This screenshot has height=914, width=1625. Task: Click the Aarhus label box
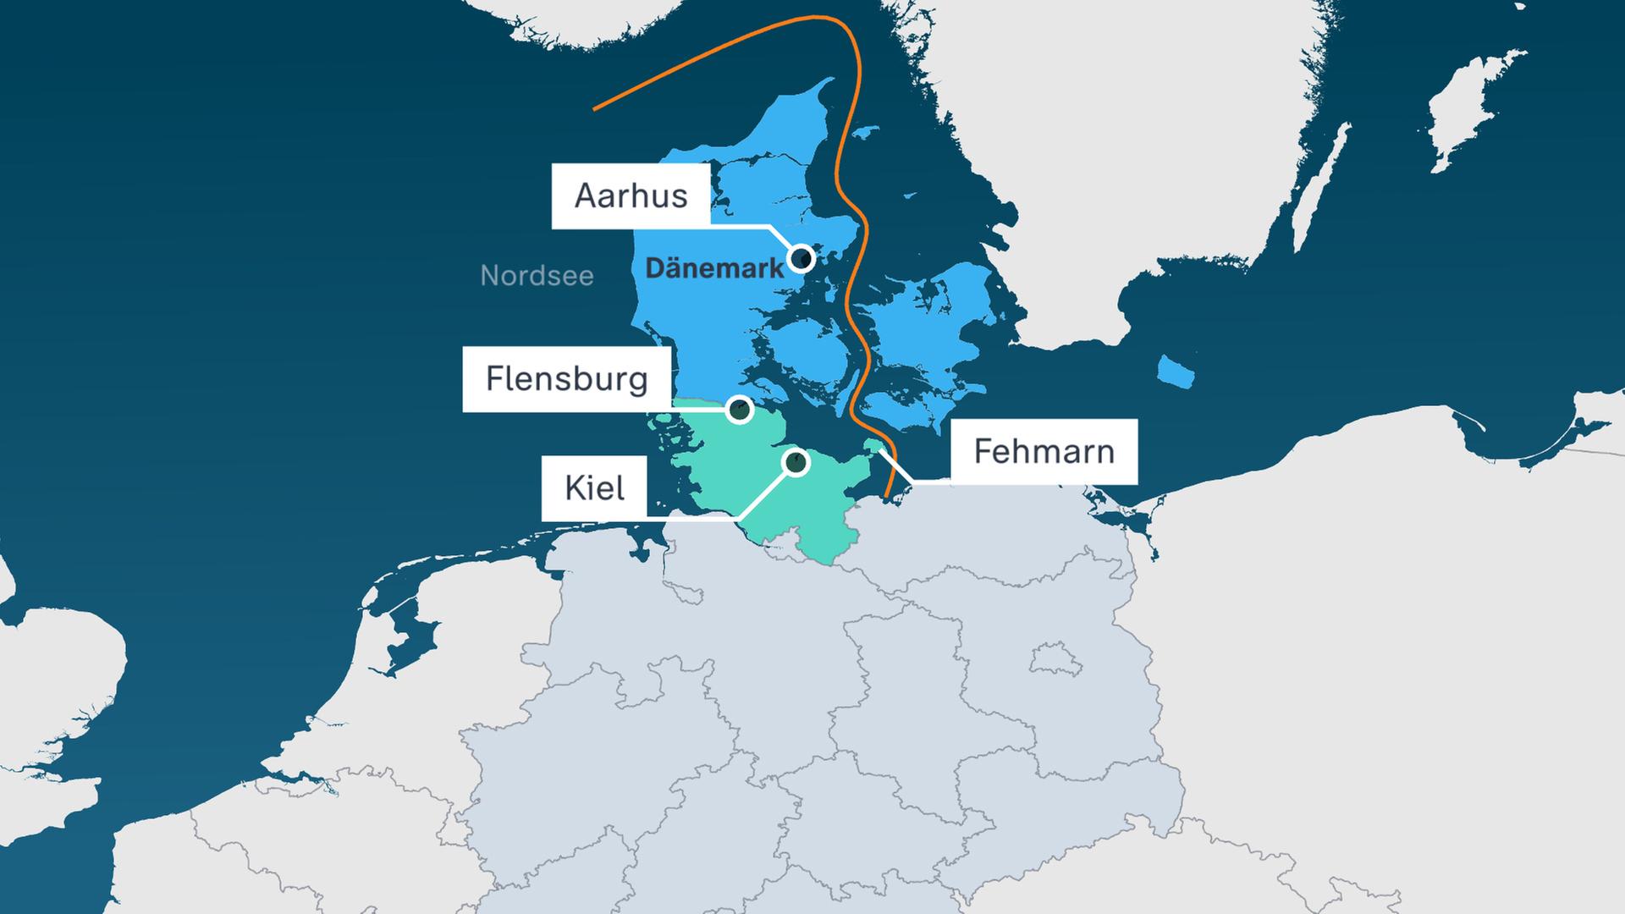tap(631, 196)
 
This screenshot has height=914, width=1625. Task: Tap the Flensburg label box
tap(567, 379)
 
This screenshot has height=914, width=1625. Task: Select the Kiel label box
tap(594, 488)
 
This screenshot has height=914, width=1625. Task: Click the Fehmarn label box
tap(1044, 451)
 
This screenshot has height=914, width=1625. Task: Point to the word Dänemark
tap(714, 269)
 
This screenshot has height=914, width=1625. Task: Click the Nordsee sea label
tap(537, 276)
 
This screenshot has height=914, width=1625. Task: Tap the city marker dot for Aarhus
tap(801, 257)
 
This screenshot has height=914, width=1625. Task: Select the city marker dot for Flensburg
tap(740, 410)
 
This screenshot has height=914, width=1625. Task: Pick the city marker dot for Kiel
tap(796, 462)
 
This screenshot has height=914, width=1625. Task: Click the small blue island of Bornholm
tap(1175, 371)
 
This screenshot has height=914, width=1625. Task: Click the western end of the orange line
tap(595, 109)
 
